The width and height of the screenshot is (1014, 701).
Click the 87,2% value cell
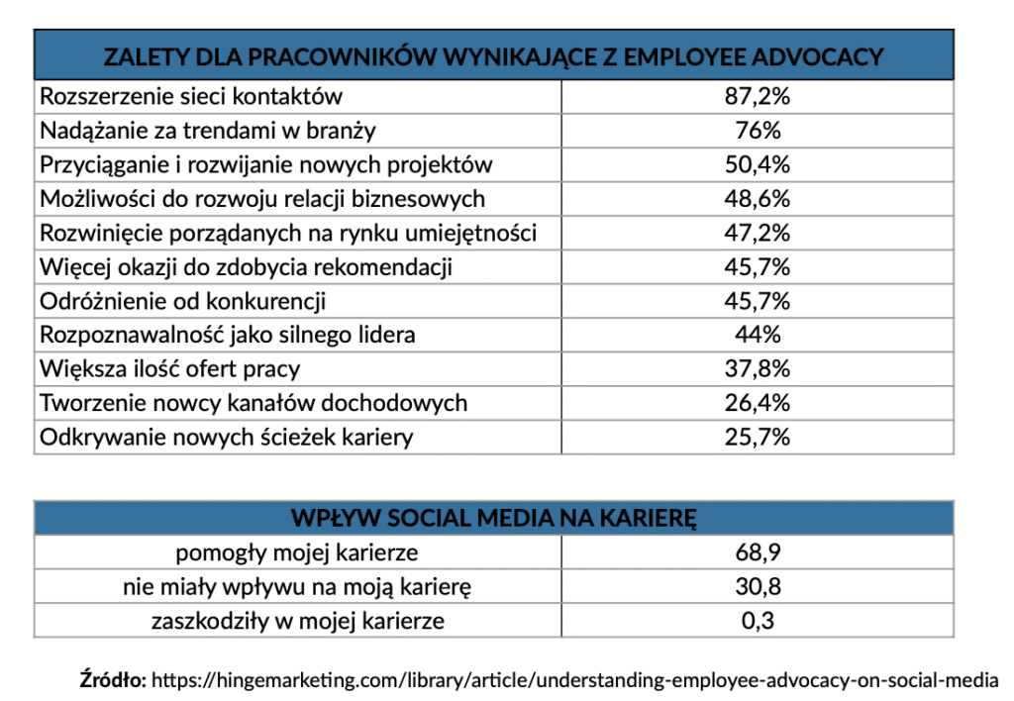click(x=758, y=97)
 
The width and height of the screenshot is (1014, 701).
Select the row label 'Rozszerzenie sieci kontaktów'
click(x=191, y=97)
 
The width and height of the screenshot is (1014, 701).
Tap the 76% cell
click(x=758, y=131)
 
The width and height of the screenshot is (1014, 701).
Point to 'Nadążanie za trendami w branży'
click(x=208, y=131)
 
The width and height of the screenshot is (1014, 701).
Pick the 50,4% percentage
click(x=758, y=164)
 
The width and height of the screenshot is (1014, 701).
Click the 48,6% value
click(x=758, y=199)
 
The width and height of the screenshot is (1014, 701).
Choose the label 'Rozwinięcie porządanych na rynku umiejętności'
click(x=288, y=233)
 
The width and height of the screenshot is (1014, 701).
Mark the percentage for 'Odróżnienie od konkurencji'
click(x=758, y=301)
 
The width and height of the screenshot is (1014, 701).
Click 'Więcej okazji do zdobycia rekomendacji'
click(x=247, y=267)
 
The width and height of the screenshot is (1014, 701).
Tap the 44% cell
click(x=758, y=335)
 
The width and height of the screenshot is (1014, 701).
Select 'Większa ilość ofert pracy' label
click(x=169, y=369)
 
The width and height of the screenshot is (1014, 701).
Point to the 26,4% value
click(x=758, y=403)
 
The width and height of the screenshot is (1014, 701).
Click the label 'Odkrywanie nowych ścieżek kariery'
click(x=226, y=437)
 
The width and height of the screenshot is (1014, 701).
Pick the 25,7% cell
click(x=758, y=437)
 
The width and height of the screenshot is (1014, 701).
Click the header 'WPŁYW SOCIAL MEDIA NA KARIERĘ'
click(x=494, y=519)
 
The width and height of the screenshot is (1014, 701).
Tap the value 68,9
click(x=758, y=552)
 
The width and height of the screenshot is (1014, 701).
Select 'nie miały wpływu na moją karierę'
click(x=297, y=587)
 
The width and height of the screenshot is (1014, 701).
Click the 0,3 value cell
click(x=758, y=621)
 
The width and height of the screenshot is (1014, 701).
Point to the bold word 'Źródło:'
click(x=112, y=680)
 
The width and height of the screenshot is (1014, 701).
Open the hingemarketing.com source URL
click(x=574, y=680)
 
